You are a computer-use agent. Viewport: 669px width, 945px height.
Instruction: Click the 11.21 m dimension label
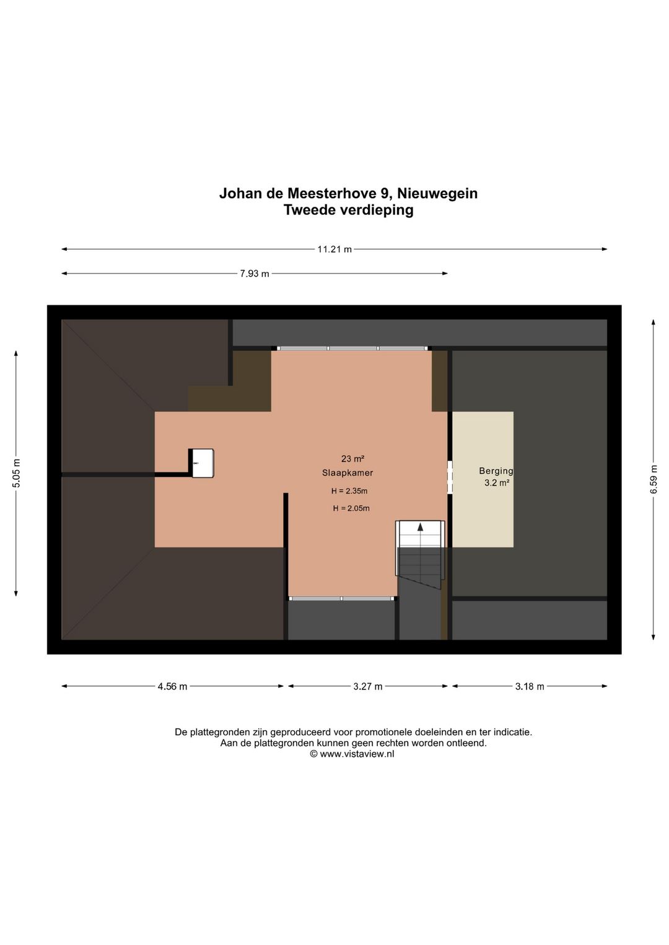point(334,250)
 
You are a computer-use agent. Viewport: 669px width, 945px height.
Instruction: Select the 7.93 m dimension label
point(255,274)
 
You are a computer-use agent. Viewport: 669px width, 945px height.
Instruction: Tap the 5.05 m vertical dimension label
point(17,473)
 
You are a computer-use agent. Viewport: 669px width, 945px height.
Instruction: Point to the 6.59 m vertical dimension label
point(654,479)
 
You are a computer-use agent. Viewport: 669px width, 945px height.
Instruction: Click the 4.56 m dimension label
point(172,686)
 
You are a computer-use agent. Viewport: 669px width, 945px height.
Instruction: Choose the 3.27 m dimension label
point(368,686)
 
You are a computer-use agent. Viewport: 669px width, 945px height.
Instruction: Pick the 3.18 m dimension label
point(530,686)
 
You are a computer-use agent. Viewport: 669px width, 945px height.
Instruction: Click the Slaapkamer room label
point(348,473)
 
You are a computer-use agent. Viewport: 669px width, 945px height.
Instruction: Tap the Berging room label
point(496,471)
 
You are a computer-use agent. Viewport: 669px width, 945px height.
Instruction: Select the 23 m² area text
point(352,459)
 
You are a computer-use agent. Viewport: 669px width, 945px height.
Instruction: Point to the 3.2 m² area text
point(497,483)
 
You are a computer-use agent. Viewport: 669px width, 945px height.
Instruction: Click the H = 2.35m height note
point(349,491)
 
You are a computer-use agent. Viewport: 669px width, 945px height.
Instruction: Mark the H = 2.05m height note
point(351,508)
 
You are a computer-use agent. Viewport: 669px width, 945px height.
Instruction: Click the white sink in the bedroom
point(202,463)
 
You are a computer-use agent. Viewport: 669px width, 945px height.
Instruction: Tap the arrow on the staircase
point(421,528)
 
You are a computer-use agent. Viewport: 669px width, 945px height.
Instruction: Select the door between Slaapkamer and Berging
point(450,477)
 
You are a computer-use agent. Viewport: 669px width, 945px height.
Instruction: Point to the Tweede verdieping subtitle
point(349,210)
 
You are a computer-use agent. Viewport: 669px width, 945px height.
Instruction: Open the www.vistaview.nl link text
point(357,754)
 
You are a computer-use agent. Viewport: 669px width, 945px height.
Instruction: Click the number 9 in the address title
point(385,193)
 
